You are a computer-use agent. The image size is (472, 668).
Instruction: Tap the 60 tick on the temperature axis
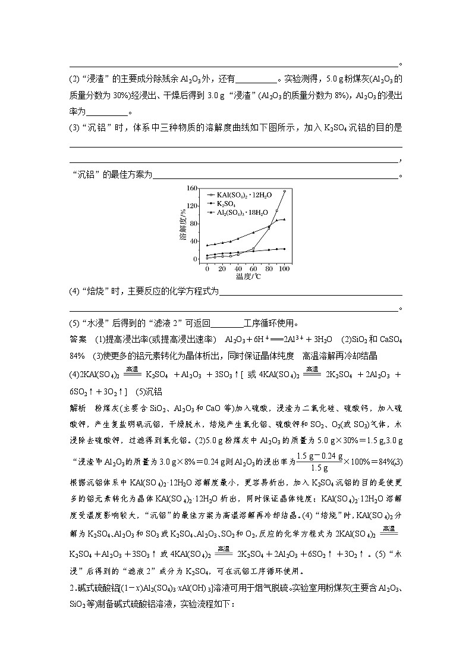254,269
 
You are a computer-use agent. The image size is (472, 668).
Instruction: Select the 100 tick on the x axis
284,269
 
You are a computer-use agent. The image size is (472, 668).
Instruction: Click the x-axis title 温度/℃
246,277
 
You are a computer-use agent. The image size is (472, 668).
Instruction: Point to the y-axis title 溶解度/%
184,225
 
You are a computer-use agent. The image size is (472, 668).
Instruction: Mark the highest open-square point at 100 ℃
284,191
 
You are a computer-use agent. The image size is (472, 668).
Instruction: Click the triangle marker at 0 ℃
207,245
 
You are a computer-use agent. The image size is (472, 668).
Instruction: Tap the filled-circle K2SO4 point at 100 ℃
284,249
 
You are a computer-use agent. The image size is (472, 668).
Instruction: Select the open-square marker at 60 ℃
253,249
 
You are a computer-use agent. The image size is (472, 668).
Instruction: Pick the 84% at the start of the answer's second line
77,356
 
